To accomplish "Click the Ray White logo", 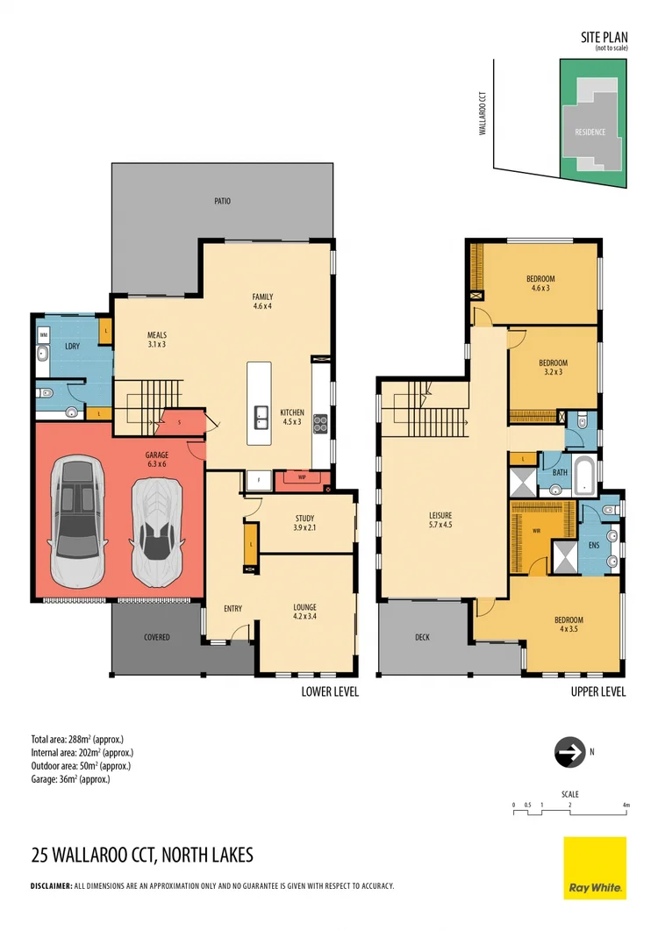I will (x=595, y=868).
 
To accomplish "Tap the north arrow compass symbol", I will (x=569, y=752).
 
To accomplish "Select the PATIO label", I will (x=222, y=201).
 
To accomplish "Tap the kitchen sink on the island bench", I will (x=261, y=417).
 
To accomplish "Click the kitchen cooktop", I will (x=320, y=423).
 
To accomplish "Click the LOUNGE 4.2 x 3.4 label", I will (x=304, y=612).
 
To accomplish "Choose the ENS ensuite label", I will (x=592, y=545).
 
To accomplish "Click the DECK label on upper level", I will (x=422, y=637).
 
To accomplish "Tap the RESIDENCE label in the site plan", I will (x=590, y=132).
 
